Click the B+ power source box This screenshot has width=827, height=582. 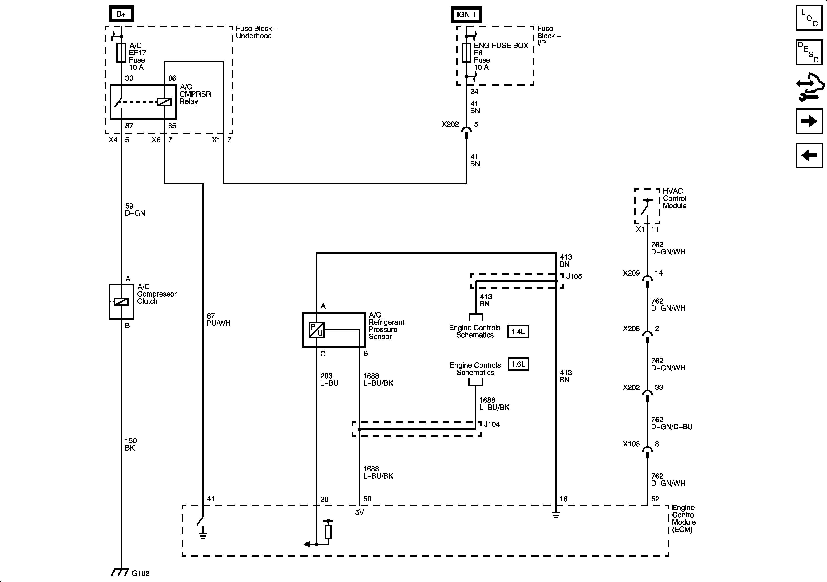[121, 14]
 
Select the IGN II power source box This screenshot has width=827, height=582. [466, 15]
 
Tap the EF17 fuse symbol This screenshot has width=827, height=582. [121, 53]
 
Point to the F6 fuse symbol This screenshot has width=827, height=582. [466, 53]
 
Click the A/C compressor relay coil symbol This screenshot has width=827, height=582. [164, 102]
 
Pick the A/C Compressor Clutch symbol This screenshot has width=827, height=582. [121, 302]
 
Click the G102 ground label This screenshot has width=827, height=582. [141, 573]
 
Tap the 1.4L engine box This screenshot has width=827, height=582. [518, 332]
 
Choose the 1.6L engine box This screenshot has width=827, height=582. [518, 364]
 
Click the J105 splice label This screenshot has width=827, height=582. [574, 276]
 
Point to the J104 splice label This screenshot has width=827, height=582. [492, 424]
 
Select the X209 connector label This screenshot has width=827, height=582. [631, 273]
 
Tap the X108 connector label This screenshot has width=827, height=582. [631, 444]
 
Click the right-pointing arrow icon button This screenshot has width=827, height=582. [809, 121]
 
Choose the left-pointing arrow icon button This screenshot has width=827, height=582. [809, 155]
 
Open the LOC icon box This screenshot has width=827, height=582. [809, 18]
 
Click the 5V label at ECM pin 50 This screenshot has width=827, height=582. [360, 512]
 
